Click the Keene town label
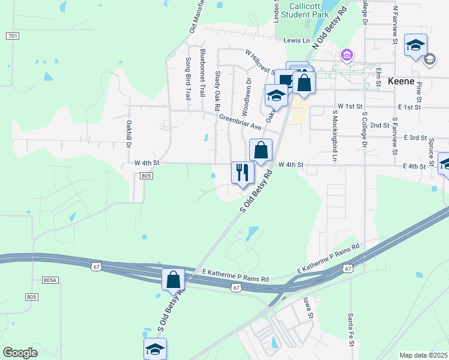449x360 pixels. (x=408, y=81)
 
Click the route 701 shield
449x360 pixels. (x=13, y=36)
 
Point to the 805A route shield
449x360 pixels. (x=50, y=280)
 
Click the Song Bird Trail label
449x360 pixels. (x=188, y=78)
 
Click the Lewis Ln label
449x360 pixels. (x=296, y=41)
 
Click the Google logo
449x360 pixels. (x=20, y=353)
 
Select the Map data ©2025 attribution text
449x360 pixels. (x=423, y=355)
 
